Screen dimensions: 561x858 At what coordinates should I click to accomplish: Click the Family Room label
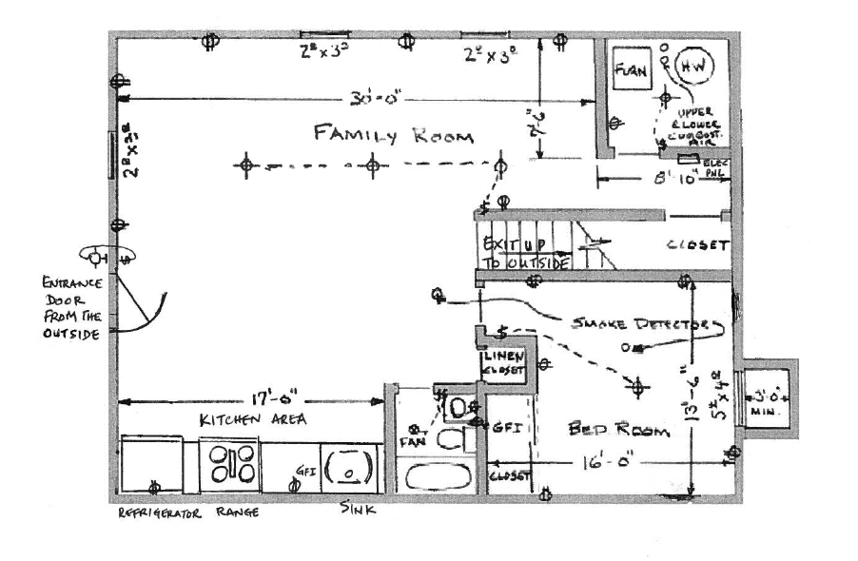coord(393,134)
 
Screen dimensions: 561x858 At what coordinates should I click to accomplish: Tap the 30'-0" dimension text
coord(367,98)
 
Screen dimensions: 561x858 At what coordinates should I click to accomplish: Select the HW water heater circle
coord(692,66)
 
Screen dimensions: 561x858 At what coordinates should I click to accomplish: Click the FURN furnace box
coord(630,69)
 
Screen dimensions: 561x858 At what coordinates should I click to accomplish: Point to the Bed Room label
coord(618,430)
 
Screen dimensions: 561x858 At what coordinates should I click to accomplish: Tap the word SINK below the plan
coord(358,511)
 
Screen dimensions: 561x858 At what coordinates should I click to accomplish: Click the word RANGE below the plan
coord(237,513)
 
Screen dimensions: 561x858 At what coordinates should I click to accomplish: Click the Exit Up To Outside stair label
coord(526,254)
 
